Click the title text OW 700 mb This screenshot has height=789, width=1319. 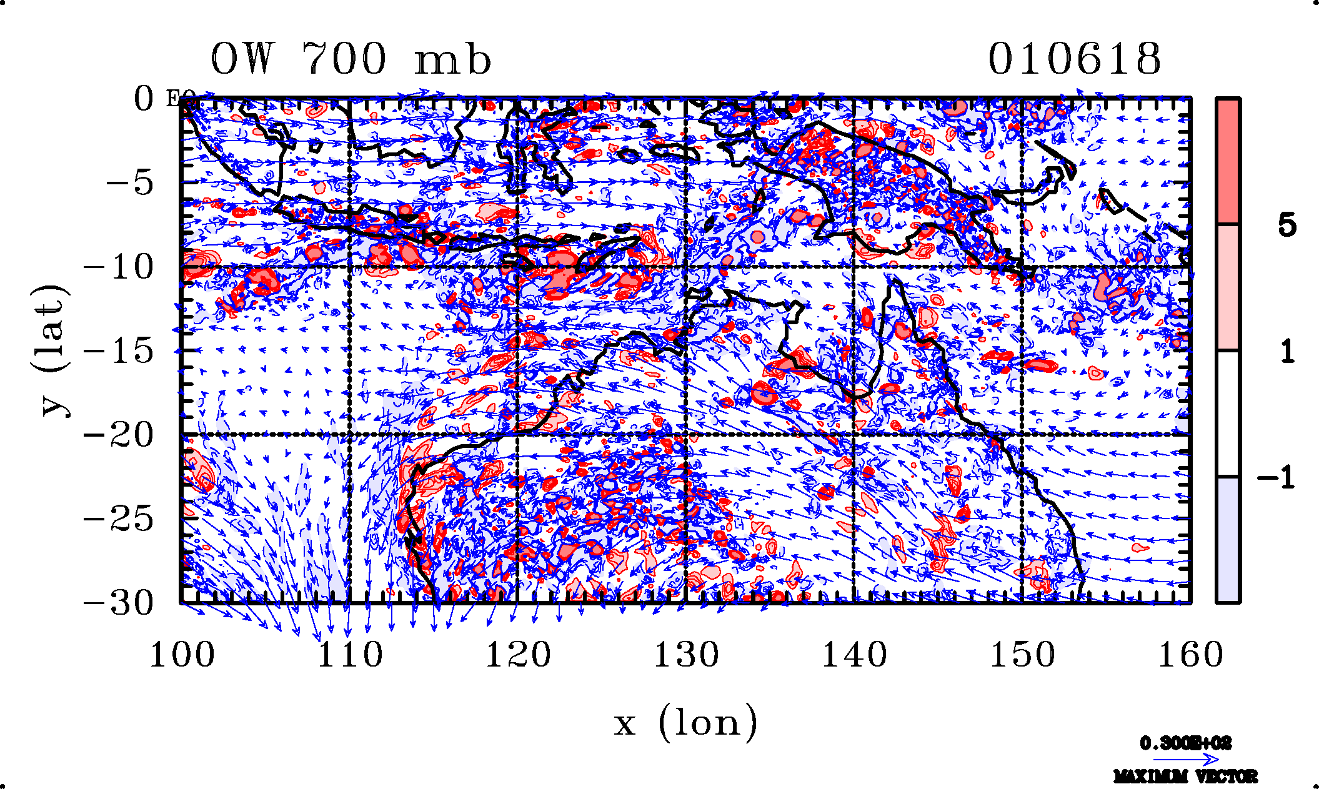tap(351, 59)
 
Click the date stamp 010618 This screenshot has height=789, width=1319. tap(1074, 59)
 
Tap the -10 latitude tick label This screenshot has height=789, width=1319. tap(118, 267)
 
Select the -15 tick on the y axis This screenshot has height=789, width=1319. tap(118, 351)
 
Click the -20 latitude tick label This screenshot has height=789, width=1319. tap(118, 435)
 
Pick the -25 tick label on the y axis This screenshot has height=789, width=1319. tap(118, 519)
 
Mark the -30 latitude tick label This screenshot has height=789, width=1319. tap(118, 603)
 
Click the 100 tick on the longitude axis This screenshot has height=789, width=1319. tap(182, 655)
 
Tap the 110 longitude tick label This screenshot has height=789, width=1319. tap(350, 655)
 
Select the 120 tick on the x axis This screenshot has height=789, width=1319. tap(518, 655)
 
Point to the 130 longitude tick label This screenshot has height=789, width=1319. tap(686, 655)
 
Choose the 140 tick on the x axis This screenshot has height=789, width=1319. tap(854, 655)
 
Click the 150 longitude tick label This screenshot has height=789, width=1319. tap(1022, 655)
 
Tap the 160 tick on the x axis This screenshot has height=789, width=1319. tap(1190, 655)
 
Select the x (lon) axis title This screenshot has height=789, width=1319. tap(685, 723)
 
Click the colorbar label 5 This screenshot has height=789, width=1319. tap(1287, 225)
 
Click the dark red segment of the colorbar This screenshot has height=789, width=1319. tap(1228, 161)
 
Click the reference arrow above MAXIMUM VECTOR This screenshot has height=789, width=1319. tap(1185, 760)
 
